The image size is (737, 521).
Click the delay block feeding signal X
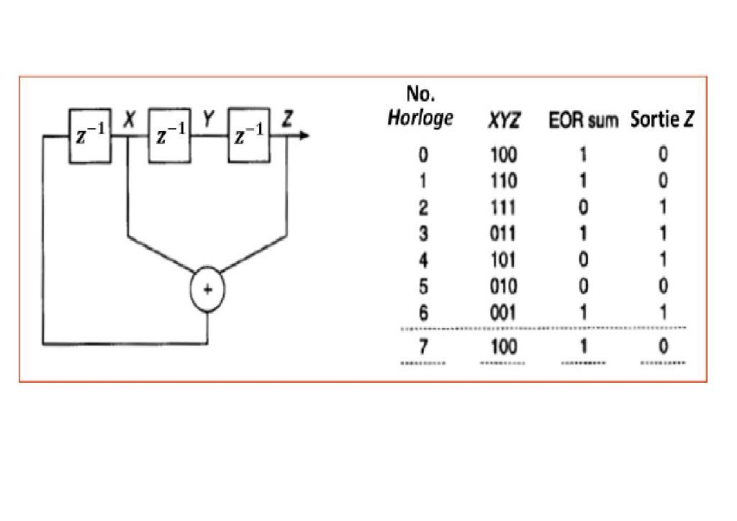pos(90,137)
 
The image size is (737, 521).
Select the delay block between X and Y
pos(170,137)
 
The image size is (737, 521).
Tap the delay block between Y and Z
pos(249,137)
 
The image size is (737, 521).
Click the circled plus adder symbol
pos(207,289)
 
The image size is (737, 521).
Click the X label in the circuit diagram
pos(129,120)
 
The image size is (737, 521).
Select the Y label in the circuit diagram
pos(207,120)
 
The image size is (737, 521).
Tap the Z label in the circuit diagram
pos(287,120)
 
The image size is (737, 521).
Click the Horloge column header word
pos(420,118)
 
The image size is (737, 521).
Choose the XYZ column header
pos(503,121)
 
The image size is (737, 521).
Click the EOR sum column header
pos(583,121)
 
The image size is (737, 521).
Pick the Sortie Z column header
pos(662,119)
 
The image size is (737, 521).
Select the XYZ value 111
pos(503,208)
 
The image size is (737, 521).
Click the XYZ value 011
pos(503,234)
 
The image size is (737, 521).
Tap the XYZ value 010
pos(503,286)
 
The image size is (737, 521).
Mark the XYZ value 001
pos(503,312)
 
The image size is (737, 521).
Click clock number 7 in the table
pos(423,347)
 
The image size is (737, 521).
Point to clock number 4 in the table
pos(423,260)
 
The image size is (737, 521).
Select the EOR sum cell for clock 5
pos(583,286)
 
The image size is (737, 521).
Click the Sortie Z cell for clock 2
pos(663,208)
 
